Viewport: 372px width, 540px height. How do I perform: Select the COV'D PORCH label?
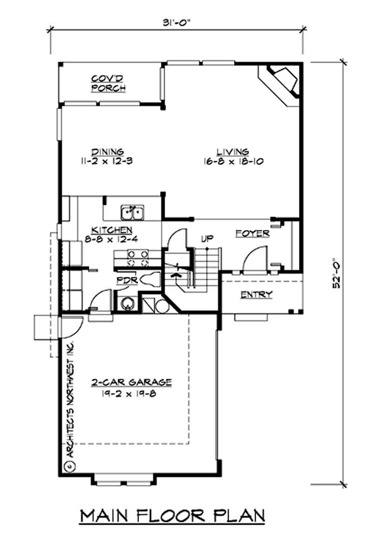tap(108, 83)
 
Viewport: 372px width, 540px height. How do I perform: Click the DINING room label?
tap(107, 151)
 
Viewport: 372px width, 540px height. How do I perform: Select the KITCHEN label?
tap(112, 230)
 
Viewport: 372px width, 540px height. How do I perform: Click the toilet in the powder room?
tap(152, 280)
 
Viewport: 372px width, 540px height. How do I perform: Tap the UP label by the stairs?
tap(207, 239)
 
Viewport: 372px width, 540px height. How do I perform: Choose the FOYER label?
tap(252, 233)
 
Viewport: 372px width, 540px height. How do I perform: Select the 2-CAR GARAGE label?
tap(131, 382)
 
